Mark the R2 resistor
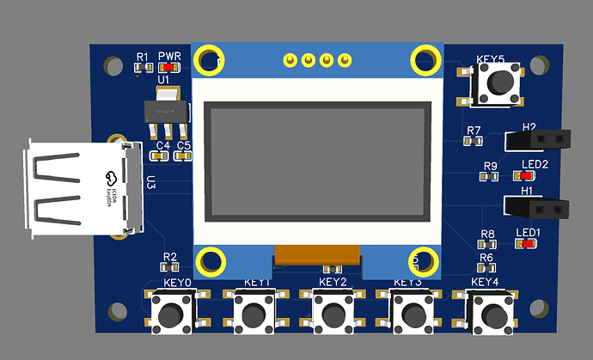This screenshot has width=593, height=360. (x=169, y=268)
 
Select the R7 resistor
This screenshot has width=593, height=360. (x=474, y=142)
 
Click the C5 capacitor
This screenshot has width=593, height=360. (x=183, y=156)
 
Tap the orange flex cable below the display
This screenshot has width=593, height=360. (x=316, y=256)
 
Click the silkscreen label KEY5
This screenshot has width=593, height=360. (x=490, y=60)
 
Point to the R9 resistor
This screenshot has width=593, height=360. (x=490, y=176)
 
